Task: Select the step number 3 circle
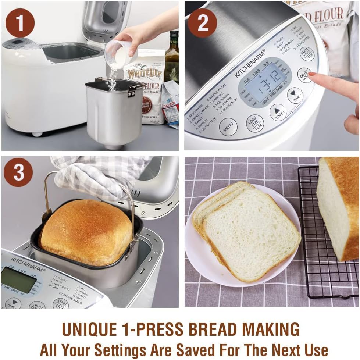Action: point(18,172)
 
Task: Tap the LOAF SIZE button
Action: point(255,123)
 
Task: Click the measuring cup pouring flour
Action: point(120,54)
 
